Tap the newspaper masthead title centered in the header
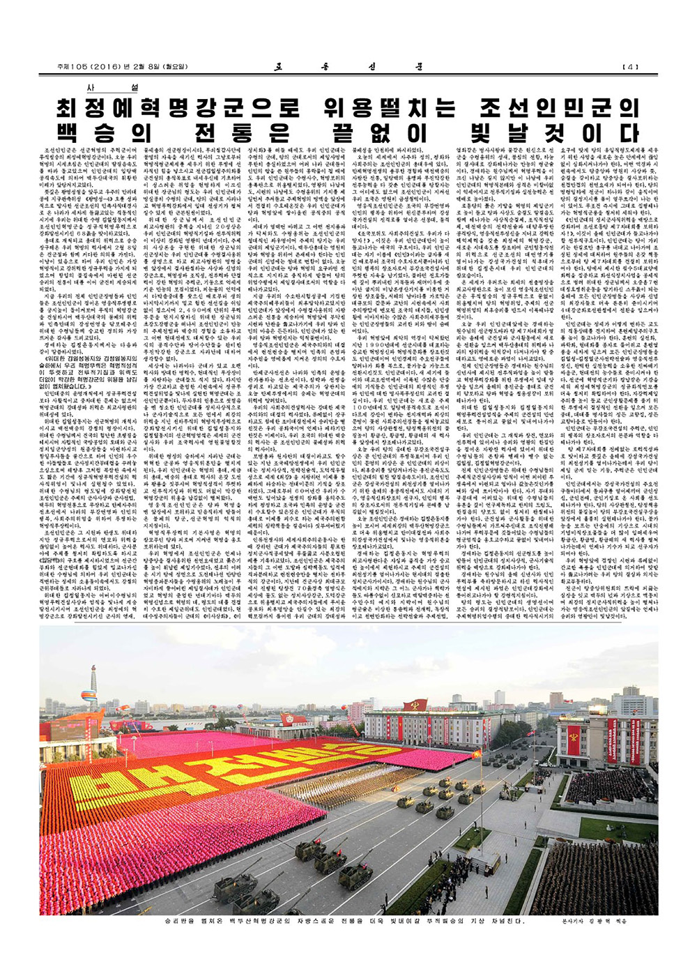348,67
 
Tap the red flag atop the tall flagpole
477,753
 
